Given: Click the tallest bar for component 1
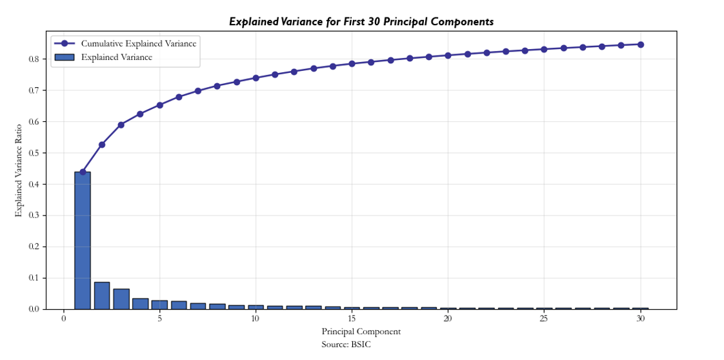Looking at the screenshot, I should (83, 240).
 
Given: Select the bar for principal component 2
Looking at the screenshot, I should (102, 295).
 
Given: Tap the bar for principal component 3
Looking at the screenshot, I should (121, 299).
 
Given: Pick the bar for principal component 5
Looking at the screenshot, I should (159, 305).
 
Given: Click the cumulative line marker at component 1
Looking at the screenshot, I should (83, 172).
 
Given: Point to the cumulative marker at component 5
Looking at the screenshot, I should (159, 105).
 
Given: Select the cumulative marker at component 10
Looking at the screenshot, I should (256, 78).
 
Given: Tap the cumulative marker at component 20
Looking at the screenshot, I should (448, 55).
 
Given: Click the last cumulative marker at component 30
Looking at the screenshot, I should (640, 45).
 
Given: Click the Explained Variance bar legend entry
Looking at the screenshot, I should (116, 57).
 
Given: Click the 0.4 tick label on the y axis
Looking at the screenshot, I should (34, 184).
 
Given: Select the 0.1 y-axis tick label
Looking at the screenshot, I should (34, 278).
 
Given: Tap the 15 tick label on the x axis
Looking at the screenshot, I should (352, 319).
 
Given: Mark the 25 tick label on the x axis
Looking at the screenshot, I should (544, 319).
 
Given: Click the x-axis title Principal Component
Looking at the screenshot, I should (361, 332).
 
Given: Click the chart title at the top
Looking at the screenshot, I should (361, 22).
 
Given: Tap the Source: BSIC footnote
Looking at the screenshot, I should (346, 345).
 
